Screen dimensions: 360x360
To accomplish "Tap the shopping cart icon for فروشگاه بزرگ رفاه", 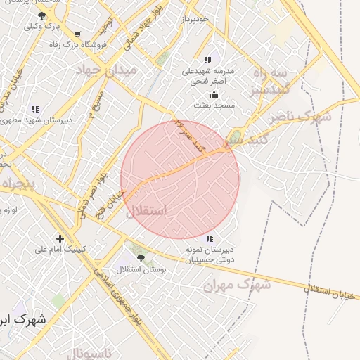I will tap(77, 34).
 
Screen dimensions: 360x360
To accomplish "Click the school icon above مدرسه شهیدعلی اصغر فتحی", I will tap(207, 60).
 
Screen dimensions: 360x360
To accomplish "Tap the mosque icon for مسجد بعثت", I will tap(214, 94).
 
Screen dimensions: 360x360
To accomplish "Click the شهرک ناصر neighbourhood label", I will tap(305, 117).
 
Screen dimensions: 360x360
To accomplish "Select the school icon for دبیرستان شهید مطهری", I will tap(34, 109).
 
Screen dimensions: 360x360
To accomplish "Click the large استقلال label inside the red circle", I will tap(147, 210).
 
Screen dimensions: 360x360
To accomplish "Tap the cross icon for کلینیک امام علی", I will tap(60, 238).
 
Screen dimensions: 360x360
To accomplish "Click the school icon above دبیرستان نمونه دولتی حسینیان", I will tap(210, 238).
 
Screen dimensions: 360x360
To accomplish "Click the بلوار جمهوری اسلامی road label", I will tap(120, 296).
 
